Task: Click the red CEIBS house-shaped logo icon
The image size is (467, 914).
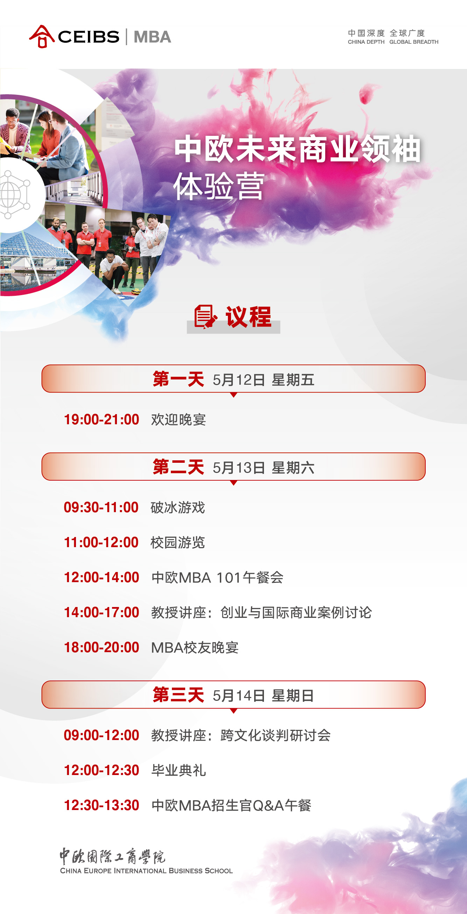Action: (42, 36)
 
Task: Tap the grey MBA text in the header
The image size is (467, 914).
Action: (153, 37)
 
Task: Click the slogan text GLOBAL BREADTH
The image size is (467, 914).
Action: (414, 42)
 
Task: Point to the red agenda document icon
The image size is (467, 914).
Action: (205, 316)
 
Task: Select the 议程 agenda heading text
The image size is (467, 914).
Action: (249, 316)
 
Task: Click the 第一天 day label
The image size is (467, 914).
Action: (178, 379)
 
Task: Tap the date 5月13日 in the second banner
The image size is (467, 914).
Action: (239, 467)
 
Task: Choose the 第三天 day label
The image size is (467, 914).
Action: (178, 695)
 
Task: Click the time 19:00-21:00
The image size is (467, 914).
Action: (102, 419)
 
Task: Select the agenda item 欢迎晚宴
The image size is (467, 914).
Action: (179, 419)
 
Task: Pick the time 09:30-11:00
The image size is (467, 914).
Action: (101, 507)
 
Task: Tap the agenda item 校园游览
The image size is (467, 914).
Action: (178, 542)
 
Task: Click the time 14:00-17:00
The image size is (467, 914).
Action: (102, 612)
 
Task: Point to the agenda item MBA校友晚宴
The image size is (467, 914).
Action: (195, 648)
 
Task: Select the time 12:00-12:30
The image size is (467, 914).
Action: (102, 770)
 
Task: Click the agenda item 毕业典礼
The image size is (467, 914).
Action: (179, 770)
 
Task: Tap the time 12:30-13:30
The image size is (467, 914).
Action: (102, 805)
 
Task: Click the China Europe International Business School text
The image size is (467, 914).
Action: (146, 870)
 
